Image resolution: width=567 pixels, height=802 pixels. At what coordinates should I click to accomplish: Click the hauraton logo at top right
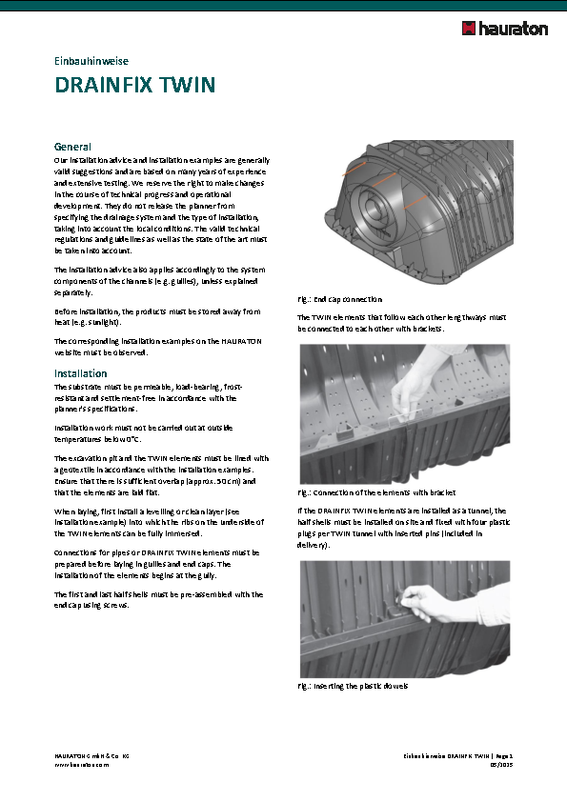click(504, 29)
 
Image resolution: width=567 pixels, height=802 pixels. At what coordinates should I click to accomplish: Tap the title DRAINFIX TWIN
click(135, 86)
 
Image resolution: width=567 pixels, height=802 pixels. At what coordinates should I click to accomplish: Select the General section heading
click(72, 147)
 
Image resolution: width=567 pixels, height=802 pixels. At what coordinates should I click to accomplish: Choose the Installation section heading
click(80, 373)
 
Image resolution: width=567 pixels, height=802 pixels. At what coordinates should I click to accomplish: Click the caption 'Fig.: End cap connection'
click(340, 299)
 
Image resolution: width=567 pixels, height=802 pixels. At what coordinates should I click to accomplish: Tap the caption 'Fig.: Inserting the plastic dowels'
click(353, 686)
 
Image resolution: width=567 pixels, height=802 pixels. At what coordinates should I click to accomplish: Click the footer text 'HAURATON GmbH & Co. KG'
click(91, 754)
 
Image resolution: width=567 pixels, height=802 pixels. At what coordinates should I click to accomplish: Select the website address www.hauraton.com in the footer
click(81, 764)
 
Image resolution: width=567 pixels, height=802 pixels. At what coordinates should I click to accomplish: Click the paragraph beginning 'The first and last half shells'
click(158, 599)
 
